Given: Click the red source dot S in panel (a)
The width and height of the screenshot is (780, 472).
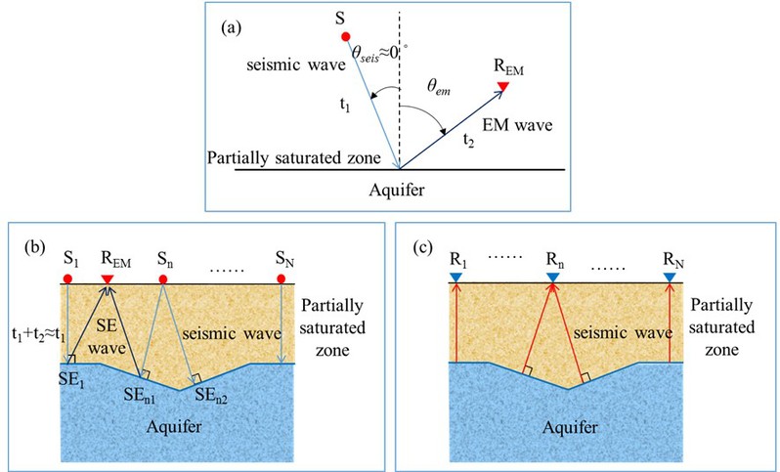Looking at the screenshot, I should click(x=345, y=38).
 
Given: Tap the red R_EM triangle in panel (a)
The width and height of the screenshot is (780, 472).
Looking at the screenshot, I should click(x=502, y=87).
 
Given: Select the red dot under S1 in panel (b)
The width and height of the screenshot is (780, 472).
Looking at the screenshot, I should click(x=65, y=280).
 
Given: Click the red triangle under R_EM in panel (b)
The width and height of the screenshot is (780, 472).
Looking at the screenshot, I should click(x=108, y=280).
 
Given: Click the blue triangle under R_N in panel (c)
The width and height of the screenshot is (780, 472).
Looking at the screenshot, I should click(x=669, y=280).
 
